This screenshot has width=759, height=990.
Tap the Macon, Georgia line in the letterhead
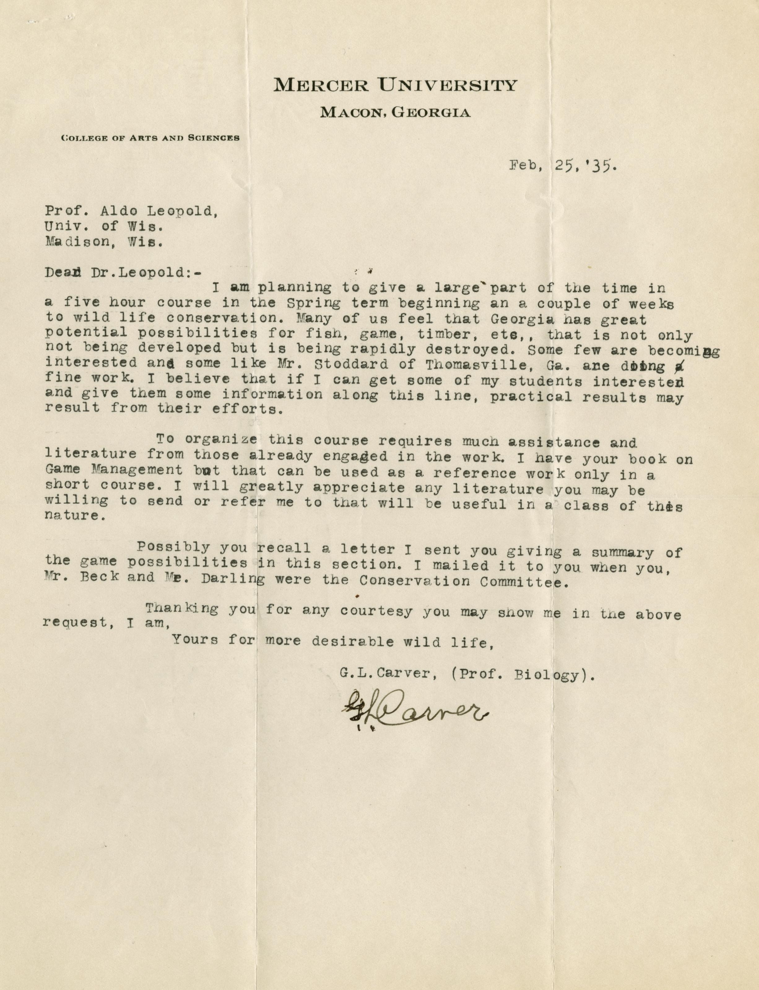[x=395, y=112]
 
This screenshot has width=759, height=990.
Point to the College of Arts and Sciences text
[x=150, y=138]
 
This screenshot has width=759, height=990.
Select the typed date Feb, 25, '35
[x=562, y=166]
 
